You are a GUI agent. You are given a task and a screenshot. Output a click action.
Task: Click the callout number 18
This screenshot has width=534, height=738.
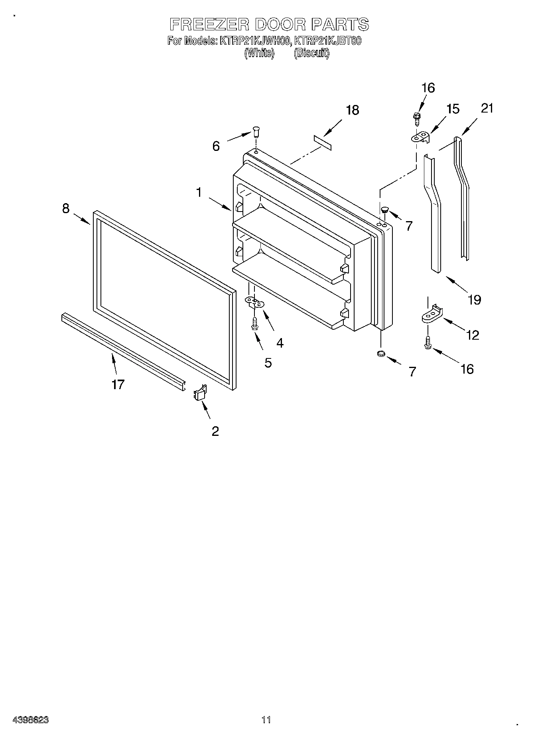pos(353,110)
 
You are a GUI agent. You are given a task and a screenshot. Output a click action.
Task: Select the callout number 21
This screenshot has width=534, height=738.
pos(487,108)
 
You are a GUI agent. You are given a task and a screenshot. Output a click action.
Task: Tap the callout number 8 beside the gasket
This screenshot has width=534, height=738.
pos(66,208)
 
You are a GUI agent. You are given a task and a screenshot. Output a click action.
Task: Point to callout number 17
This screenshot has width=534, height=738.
pos(118,384)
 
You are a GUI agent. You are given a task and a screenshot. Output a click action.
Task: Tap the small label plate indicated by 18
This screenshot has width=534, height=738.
pos(322,142)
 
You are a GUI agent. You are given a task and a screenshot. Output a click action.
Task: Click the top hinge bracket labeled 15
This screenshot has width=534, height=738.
pos(421,137)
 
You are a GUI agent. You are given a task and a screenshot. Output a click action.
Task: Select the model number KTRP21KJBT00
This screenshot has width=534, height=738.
pos(327,41)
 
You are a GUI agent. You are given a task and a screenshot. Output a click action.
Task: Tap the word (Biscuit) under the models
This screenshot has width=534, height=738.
pos(311,53)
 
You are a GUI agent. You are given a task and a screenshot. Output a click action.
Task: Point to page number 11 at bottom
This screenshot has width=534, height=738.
pos(266,720)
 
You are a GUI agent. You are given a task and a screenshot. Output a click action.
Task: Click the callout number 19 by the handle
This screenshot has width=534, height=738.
pos(475,299)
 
